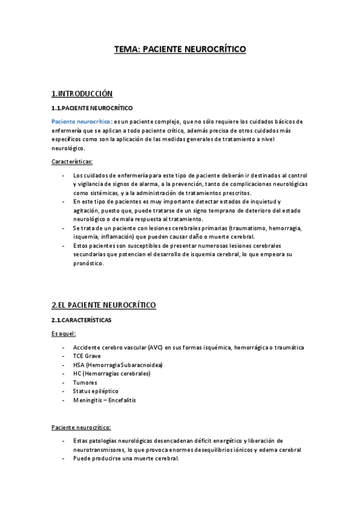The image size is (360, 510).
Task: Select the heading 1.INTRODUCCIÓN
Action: (x=82, y=94)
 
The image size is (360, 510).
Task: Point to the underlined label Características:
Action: (x=72, y=161)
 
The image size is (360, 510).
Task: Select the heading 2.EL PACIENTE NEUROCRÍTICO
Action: (x=104, y=306)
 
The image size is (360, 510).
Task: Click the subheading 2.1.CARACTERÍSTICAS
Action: (x=81, y=320)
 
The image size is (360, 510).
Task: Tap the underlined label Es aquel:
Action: (x=64, y=334)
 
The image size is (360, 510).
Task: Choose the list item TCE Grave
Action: (x=87, y=356)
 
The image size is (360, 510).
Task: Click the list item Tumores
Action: (x=85, y=382)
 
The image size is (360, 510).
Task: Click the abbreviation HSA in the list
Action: (x=79, y=365)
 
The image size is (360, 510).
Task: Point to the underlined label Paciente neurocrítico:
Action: (x=81, y=428)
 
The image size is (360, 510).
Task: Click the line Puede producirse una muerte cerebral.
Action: (x=126, y=459)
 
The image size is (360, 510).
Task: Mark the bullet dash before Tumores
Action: (x=64, y=382)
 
